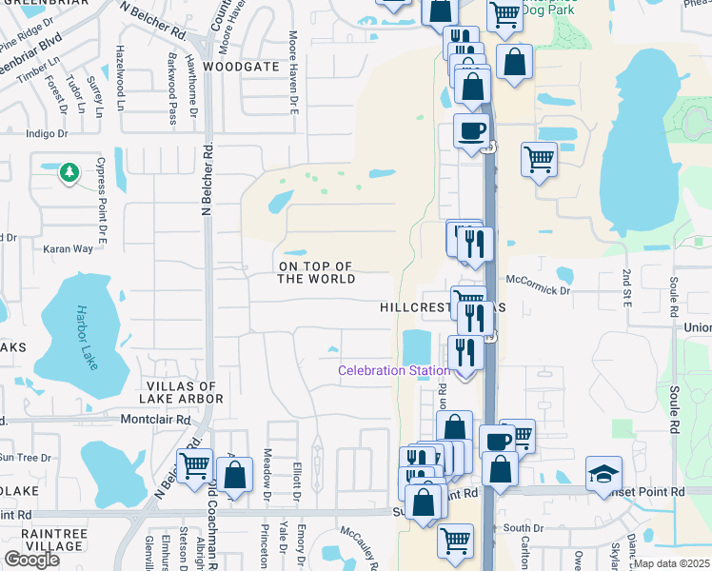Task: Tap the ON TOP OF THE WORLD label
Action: [x=316, y=272]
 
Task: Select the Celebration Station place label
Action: [x=394, y=370]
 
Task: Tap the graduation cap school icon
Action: [x=603, y=476]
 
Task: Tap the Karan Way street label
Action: [x=69, y=248]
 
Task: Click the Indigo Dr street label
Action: [x=48, y=134]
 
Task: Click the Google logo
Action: [x=31, y=559]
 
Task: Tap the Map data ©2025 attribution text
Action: [x=672, y=563]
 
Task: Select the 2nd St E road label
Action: [x=627, y=288]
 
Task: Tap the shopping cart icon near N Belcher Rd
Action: [x=194, y=465]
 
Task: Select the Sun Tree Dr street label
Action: [x=24, y=458]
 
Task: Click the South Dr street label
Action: [x=524, y=527]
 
